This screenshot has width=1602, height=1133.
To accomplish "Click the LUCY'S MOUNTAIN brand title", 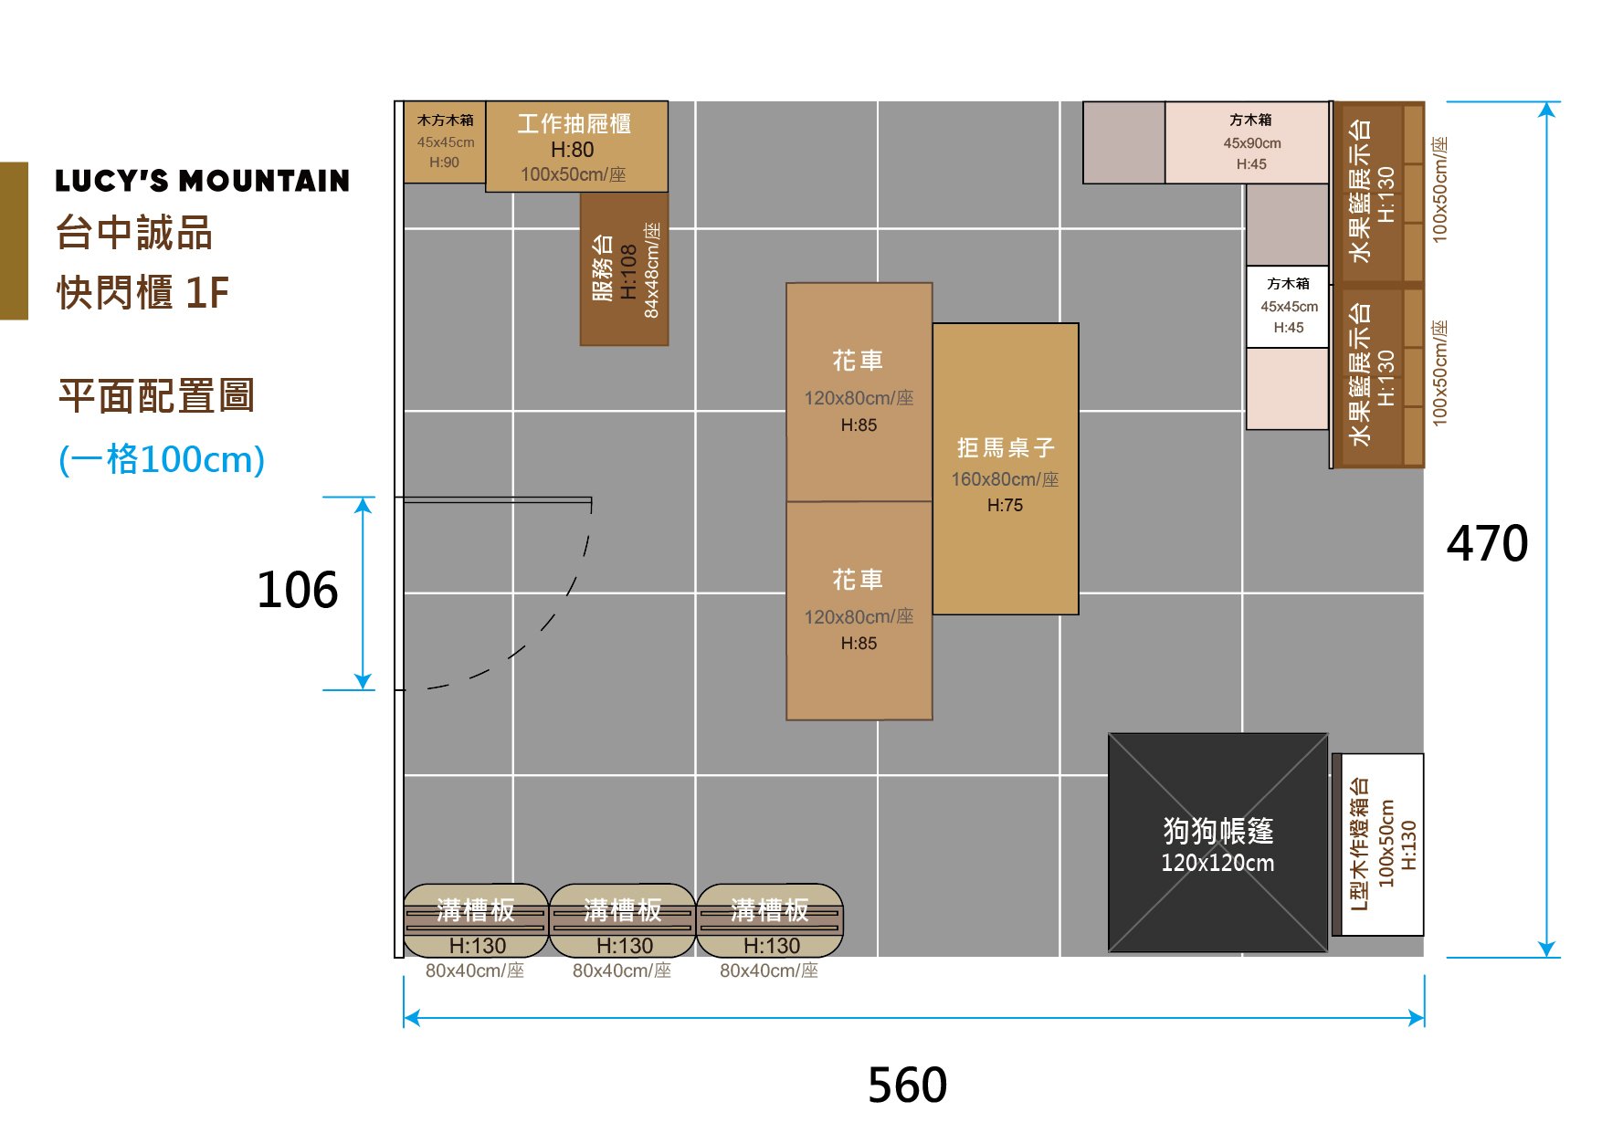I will click(x=202, y=181).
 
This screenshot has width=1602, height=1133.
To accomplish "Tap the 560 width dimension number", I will click(x=907, y=1085).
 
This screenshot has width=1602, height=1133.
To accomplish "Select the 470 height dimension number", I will click(x=1487, y=543).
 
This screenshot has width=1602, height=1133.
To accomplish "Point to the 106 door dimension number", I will click(x=297, y=590).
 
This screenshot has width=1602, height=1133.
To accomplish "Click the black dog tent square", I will click(x=1217, y=794).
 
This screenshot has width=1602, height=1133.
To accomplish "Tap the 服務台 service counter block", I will click(x=624, y=269).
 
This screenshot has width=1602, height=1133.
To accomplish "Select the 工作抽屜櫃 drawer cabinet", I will click(x=575, y=146).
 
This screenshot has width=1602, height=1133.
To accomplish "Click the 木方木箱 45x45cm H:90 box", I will click(x=445, y=142).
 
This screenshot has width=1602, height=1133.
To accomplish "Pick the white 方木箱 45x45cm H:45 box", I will click(x=1288, y=306).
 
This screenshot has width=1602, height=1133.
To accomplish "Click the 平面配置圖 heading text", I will click(x=156, y=396).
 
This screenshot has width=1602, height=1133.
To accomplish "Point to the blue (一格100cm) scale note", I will click(x=162, y=459).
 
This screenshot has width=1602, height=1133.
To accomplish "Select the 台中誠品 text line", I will click(x=134, y=233).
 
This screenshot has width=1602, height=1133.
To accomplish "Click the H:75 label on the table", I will click(x=1005, y=505).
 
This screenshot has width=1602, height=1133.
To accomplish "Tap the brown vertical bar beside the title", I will click(x=14, y=241).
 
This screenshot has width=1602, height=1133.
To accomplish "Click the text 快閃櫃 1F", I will click(x=142, y=293).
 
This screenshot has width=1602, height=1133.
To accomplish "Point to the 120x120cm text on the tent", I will click(x=1217, y=863).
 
